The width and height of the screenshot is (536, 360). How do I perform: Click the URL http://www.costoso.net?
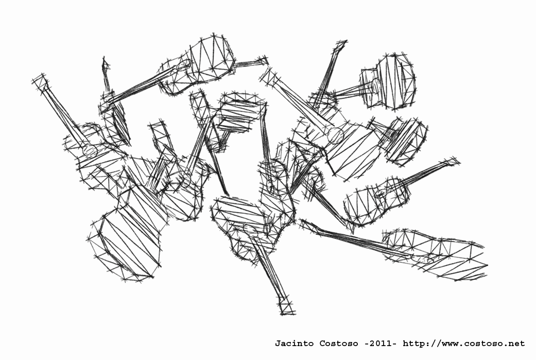[464, 343]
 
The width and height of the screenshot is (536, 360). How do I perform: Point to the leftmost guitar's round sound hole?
[90, 150]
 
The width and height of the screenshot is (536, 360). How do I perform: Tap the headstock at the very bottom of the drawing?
[286, 306]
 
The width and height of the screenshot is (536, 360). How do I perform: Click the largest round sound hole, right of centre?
[335, 135]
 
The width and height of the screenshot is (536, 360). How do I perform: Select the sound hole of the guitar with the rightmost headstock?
[380, 195]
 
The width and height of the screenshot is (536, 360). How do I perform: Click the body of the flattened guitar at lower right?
[436, 254]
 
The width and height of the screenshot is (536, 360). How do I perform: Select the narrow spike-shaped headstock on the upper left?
[106, 68]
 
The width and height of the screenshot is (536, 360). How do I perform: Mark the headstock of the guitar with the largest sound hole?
[268, 76]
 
